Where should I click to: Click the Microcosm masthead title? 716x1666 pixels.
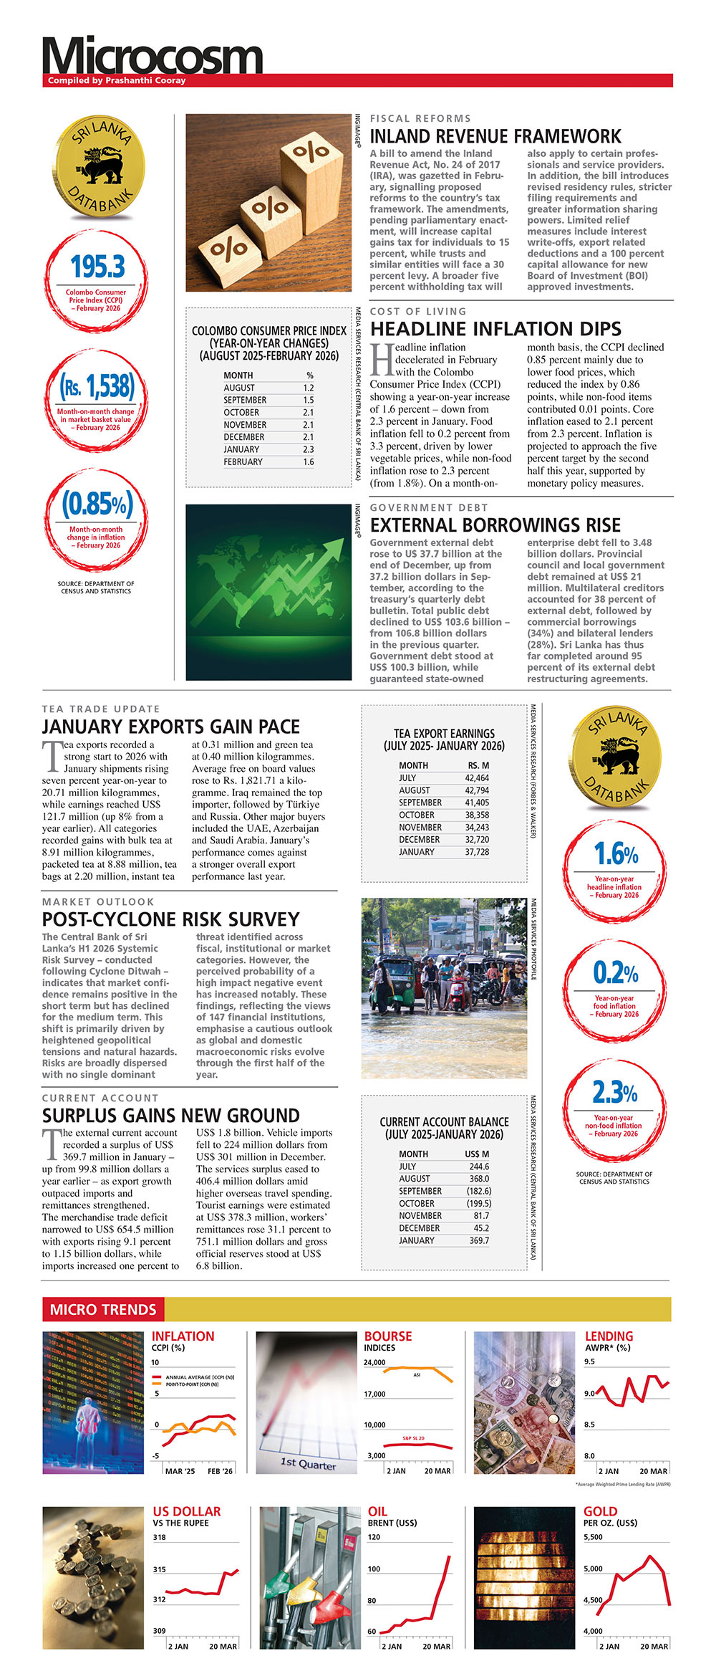pos(153,57)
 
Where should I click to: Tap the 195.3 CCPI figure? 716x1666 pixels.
pos(97,267)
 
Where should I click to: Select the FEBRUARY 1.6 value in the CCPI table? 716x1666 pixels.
pos(308,462)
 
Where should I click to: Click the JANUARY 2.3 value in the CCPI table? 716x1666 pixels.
pos(308,450)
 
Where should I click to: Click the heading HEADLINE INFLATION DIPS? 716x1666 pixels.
pos(495,329)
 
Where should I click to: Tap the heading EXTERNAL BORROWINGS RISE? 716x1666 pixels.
pos(495,525)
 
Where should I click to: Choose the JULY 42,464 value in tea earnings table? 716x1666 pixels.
pos(477,778)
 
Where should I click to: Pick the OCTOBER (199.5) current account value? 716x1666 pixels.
pos(478,1203)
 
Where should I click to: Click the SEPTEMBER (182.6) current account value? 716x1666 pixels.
pos(478,1191)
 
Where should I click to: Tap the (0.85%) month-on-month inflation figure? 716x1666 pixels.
pos(97,504)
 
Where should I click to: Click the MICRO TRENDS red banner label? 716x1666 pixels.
pos(103,1309)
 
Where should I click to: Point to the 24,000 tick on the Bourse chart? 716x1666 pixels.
pos(374,1362)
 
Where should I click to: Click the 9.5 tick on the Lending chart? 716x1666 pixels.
pos(589,1361)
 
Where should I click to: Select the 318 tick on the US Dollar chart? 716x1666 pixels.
pos(159,1537)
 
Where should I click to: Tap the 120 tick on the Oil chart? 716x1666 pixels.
pos(374,1537)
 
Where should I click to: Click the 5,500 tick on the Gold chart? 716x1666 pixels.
pos(593,1537)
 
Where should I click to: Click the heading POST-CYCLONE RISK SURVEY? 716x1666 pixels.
pos(170,919)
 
